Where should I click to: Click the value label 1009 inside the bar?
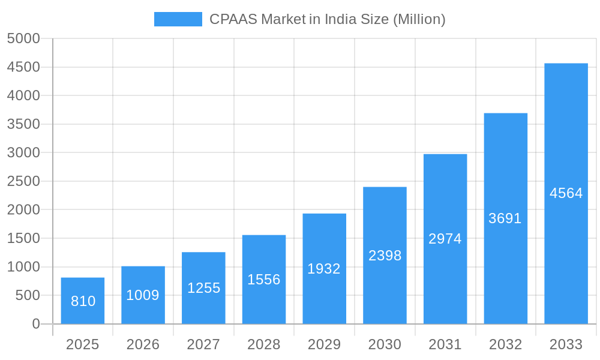coord(143,295)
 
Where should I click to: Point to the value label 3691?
coord(505,218)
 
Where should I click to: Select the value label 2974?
coord(445,239)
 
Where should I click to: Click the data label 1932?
coord(324,269)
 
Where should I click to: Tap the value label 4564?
coord(566,193)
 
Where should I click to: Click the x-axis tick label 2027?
coord(203,344)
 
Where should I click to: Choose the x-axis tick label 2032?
coord(505,344)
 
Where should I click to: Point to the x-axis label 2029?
coord(324,344)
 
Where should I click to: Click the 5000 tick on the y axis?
coord(23,38)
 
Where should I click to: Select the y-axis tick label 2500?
coord(23,181)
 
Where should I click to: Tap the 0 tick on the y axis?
coord(36,324)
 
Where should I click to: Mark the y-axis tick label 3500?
coord(23,124)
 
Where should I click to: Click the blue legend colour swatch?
coord(178,19)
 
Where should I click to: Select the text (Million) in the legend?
coord(419,19)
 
